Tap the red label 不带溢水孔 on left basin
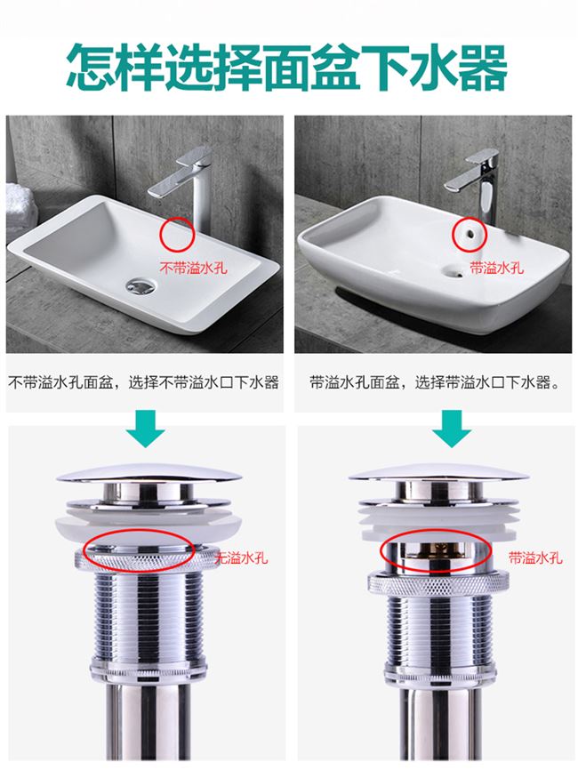(188, 266)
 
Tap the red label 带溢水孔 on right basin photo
(496, 267)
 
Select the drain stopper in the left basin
(141, 285)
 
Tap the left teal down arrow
(145, 428)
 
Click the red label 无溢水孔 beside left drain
(241, 558)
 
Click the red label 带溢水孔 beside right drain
(534, 558)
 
